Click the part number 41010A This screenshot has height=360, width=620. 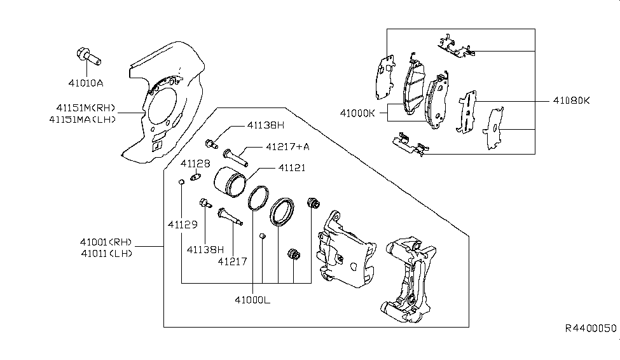[x=86, y=83]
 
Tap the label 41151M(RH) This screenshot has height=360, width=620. [x=82, y=107]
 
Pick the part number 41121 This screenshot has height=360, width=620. [x=291, y=168]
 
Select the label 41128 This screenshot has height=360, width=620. [x=195, y=163]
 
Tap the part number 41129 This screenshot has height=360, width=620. [x=183, y=225]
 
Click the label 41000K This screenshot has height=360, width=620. [x=357, y=113]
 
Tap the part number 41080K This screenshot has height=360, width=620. [x=571, y=101]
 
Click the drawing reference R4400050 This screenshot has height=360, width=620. [x=591, y=328]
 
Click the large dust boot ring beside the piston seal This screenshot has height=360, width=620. [x=282, y=211]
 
